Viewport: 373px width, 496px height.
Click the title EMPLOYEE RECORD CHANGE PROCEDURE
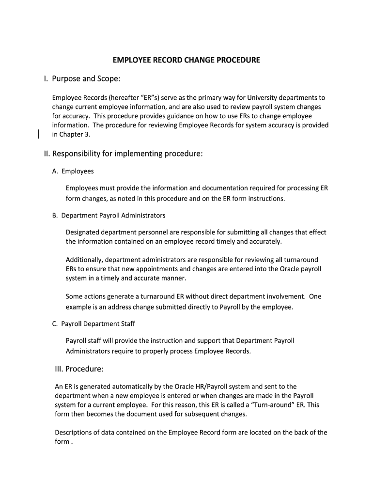[186, 60]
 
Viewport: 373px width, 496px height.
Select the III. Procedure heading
[79, 369]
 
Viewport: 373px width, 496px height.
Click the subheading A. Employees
[73, 171]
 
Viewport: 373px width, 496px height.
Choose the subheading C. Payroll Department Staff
[93, 324]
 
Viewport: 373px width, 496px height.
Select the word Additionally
[83, 260]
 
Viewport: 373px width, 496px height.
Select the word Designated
[82, 232]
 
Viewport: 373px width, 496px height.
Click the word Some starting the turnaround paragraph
[75, 296]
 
